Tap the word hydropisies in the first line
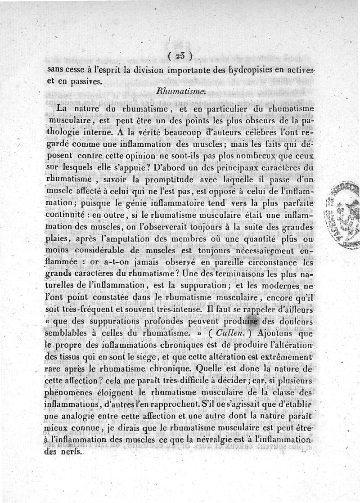click(240, 70)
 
